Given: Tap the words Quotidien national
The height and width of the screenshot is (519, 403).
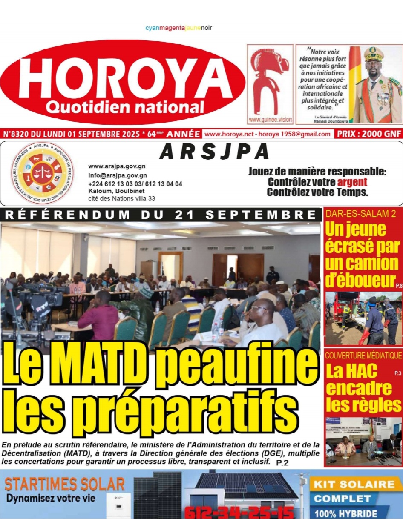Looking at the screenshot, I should click(x=125, y=106).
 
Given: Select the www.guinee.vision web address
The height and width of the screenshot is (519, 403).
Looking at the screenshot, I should click(x=270, y=120).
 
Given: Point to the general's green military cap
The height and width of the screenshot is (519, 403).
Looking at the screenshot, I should click(x=373, y=54).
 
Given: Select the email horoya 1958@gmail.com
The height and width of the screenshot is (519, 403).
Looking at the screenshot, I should click(x=298, y=134).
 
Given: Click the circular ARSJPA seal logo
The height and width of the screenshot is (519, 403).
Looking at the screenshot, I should click(x=42, y=173).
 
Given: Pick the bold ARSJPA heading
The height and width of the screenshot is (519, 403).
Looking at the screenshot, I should click(x=214, y=152).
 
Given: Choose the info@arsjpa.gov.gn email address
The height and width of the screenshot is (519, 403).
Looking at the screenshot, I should click(x=118, y=175).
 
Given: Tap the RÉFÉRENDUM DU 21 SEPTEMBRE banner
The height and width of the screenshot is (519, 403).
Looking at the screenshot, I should click(x=161, y=215).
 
